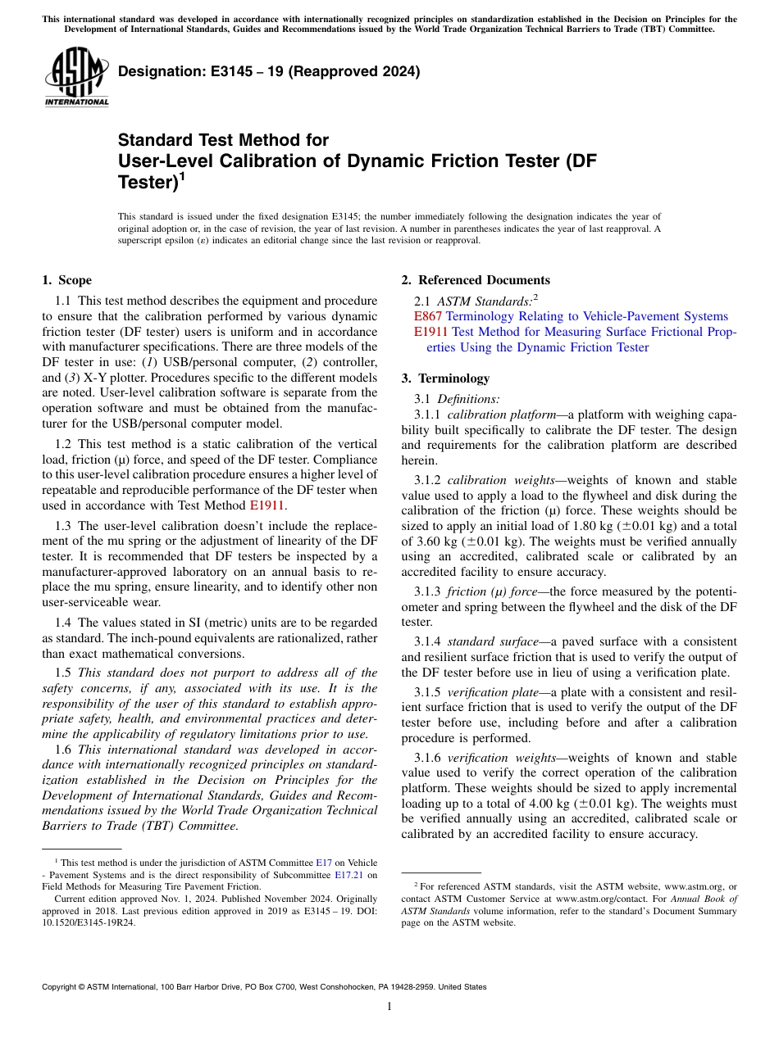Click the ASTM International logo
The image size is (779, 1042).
(x=76, y=77)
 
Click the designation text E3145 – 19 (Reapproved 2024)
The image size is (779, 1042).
(x=269, y=71)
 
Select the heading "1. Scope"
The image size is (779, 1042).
(x=66, y=280)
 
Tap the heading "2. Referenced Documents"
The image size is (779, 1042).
(x=476, y=280)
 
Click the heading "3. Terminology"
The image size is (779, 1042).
(x=445, y=378)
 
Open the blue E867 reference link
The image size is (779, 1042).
(x=428, y=316)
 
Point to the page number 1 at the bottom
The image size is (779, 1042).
(x=389, y=1007)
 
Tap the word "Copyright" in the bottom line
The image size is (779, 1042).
(x=61, y=987)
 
